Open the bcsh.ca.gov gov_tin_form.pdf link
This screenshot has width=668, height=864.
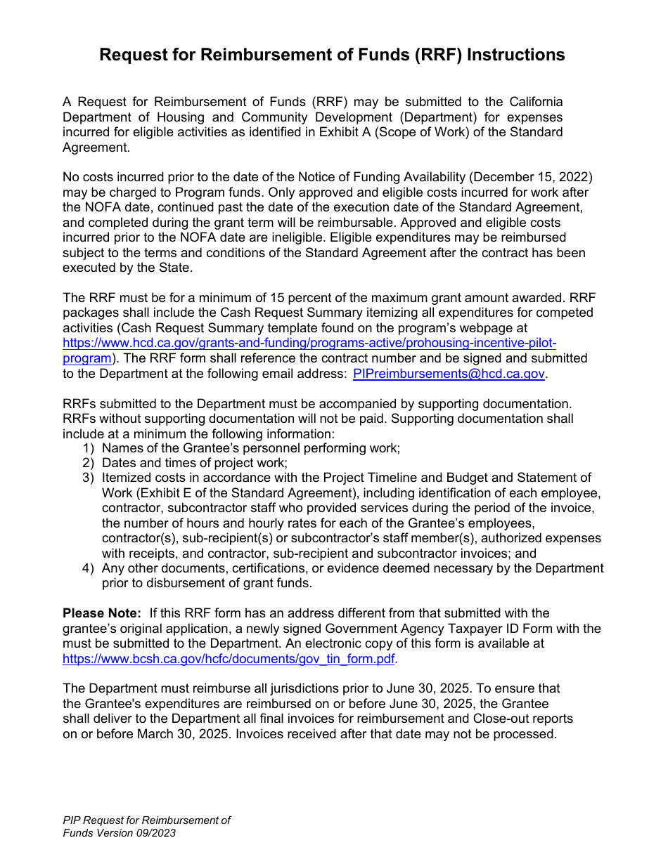coord(229,659)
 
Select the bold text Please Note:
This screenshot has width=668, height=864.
coord(102,613)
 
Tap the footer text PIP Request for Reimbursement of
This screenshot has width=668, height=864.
coord(146,820)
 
